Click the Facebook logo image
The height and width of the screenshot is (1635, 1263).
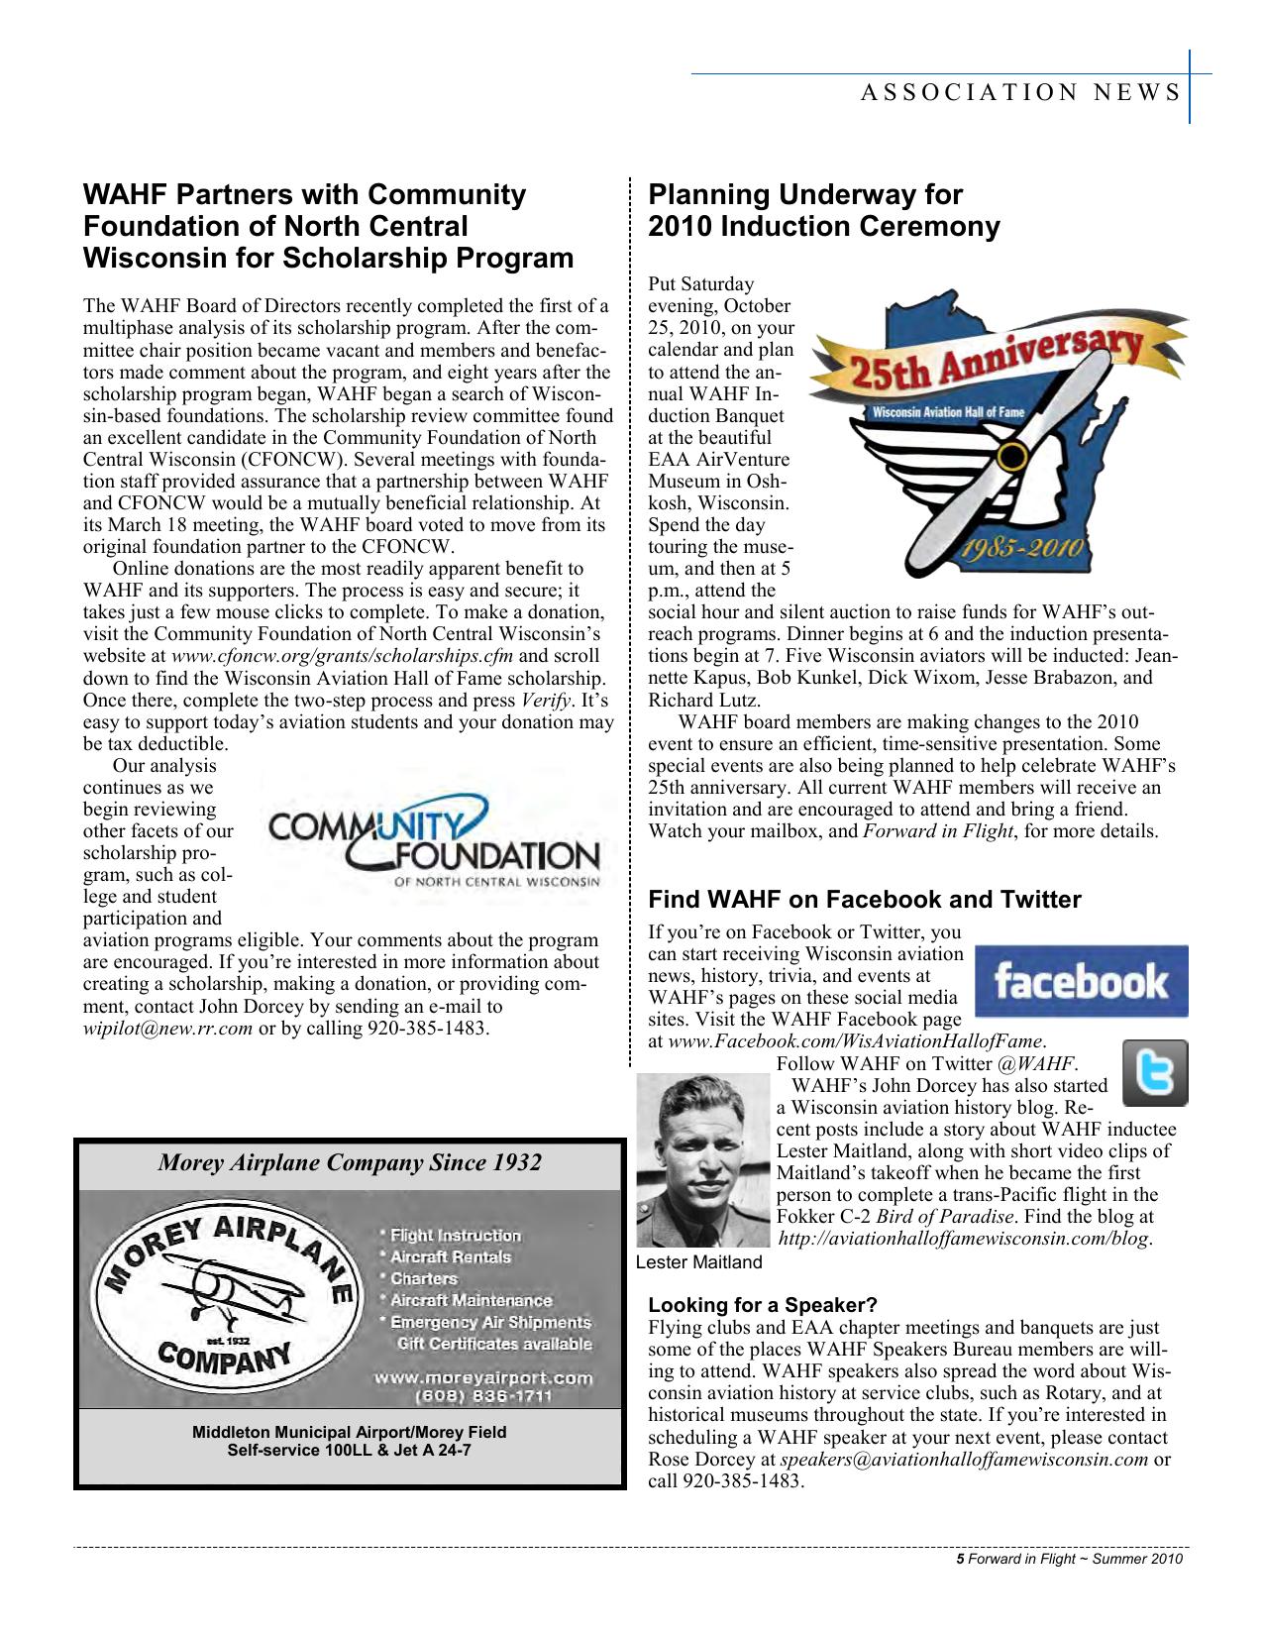(x=1081, y=981)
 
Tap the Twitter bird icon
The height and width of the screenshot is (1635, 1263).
(x=1154, y=1073)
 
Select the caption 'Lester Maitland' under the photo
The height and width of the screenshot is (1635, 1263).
(x=698, y=1262)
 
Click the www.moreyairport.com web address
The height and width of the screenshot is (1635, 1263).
(x=482, y=1377)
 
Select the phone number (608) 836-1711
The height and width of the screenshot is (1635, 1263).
(x=482, y=1396)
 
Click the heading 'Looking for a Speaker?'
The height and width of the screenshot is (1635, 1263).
(x=762, y=1304)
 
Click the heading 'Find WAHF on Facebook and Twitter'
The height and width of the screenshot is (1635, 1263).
(x=864, y=900)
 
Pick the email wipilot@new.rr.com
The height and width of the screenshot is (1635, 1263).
(x=166, y=1028)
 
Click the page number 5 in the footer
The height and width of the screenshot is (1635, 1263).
(x=959, y=1560)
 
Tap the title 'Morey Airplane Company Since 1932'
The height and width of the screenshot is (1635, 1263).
(x=350, y=1162)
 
